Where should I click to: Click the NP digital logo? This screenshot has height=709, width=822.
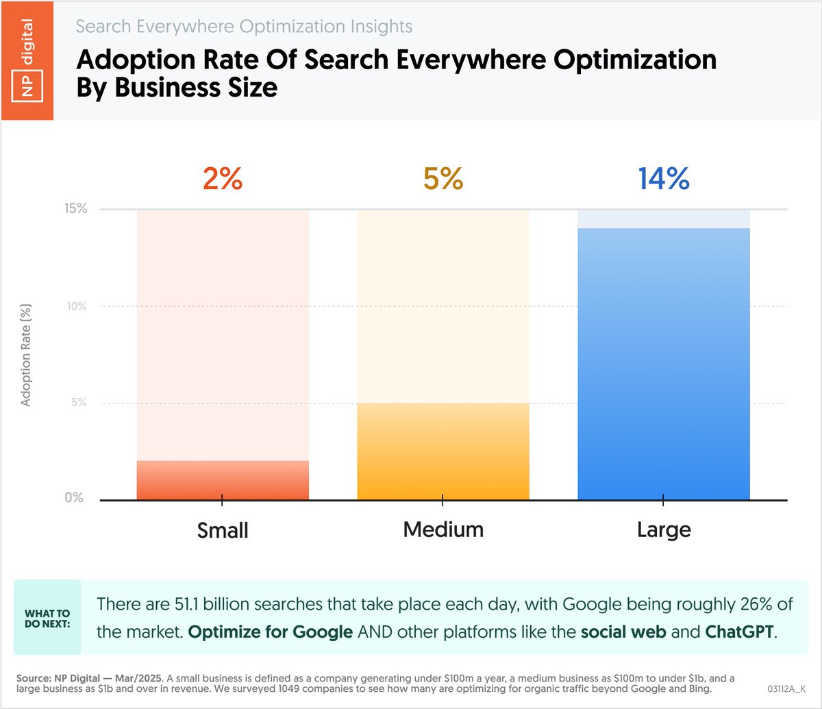pos(27,60)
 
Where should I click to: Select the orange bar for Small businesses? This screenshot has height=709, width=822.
pos(223,480)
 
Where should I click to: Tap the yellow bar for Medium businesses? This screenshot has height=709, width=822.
pos(443,451)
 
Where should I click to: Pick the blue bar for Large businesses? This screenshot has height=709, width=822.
pos(664,364)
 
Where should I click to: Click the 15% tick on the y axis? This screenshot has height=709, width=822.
pos(76,209)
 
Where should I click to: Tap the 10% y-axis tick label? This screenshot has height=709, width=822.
pos(76,306)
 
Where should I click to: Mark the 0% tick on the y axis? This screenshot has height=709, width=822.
pos(74,498)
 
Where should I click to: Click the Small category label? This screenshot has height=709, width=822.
pos(223,530)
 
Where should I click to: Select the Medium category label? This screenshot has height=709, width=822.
pos(443,530)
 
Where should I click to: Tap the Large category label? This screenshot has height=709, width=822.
pos(663,530)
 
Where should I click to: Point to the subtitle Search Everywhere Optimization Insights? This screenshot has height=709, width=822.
pos(245,27)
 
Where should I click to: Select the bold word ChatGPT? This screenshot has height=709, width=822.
pos(738,631)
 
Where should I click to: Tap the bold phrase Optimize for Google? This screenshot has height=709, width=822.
pos(270,631)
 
